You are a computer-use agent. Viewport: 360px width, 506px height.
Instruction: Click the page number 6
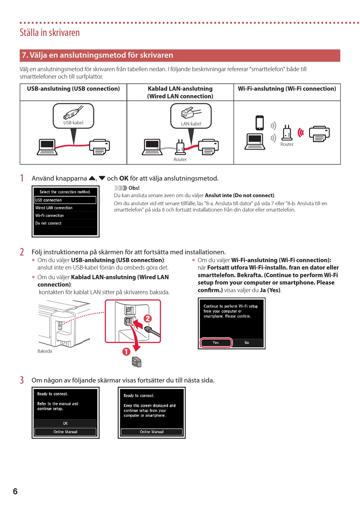pyautogui.click(x=15, y=491)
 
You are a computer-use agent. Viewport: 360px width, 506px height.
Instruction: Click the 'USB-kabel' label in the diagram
pyautogui.click(x=73, y=123)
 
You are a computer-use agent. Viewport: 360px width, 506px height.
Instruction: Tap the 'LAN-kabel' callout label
pyautogui.click(x=191, y=124)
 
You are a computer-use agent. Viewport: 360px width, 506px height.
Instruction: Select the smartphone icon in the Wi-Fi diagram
pyautogui.click(x=260, y=123)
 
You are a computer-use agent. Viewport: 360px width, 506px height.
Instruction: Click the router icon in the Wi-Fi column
pyautogui.click(x=287, y=133)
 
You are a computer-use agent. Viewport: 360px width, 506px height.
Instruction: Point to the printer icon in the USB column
pyautogui.click(x=99, y=147)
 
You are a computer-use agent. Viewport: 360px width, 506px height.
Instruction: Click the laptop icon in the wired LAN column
pyautogui.click(x=152, y=147)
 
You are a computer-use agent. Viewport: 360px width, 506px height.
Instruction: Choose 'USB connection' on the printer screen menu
pyautogui.click(x=65, y=200)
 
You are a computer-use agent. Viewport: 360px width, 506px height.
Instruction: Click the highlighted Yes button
pyautogui.click(x=216, y=342)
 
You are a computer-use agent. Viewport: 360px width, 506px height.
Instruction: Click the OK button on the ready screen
pyautogui.click(x=65, y=423)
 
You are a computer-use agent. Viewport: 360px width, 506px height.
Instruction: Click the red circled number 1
pyautogui.click(x=126, y=352)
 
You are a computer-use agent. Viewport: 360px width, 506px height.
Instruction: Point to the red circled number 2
pyautogui.click(x=148, y=319)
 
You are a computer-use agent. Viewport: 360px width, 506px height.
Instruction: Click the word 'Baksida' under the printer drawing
pyautogui.click(x=45, y=351)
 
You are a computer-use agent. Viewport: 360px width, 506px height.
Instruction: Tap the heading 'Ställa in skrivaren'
pyautogui.click(x=50, y=33)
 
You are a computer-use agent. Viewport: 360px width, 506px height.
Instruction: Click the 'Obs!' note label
pyautogui.click(x=134, y=188)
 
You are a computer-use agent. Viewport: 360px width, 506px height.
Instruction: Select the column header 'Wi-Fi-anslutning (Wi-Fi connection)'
pyautogui.click(x=287, y=89)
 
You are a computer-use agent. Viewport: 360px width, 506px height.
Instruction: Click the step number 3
pyautogui.click(x=22, y=380)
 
